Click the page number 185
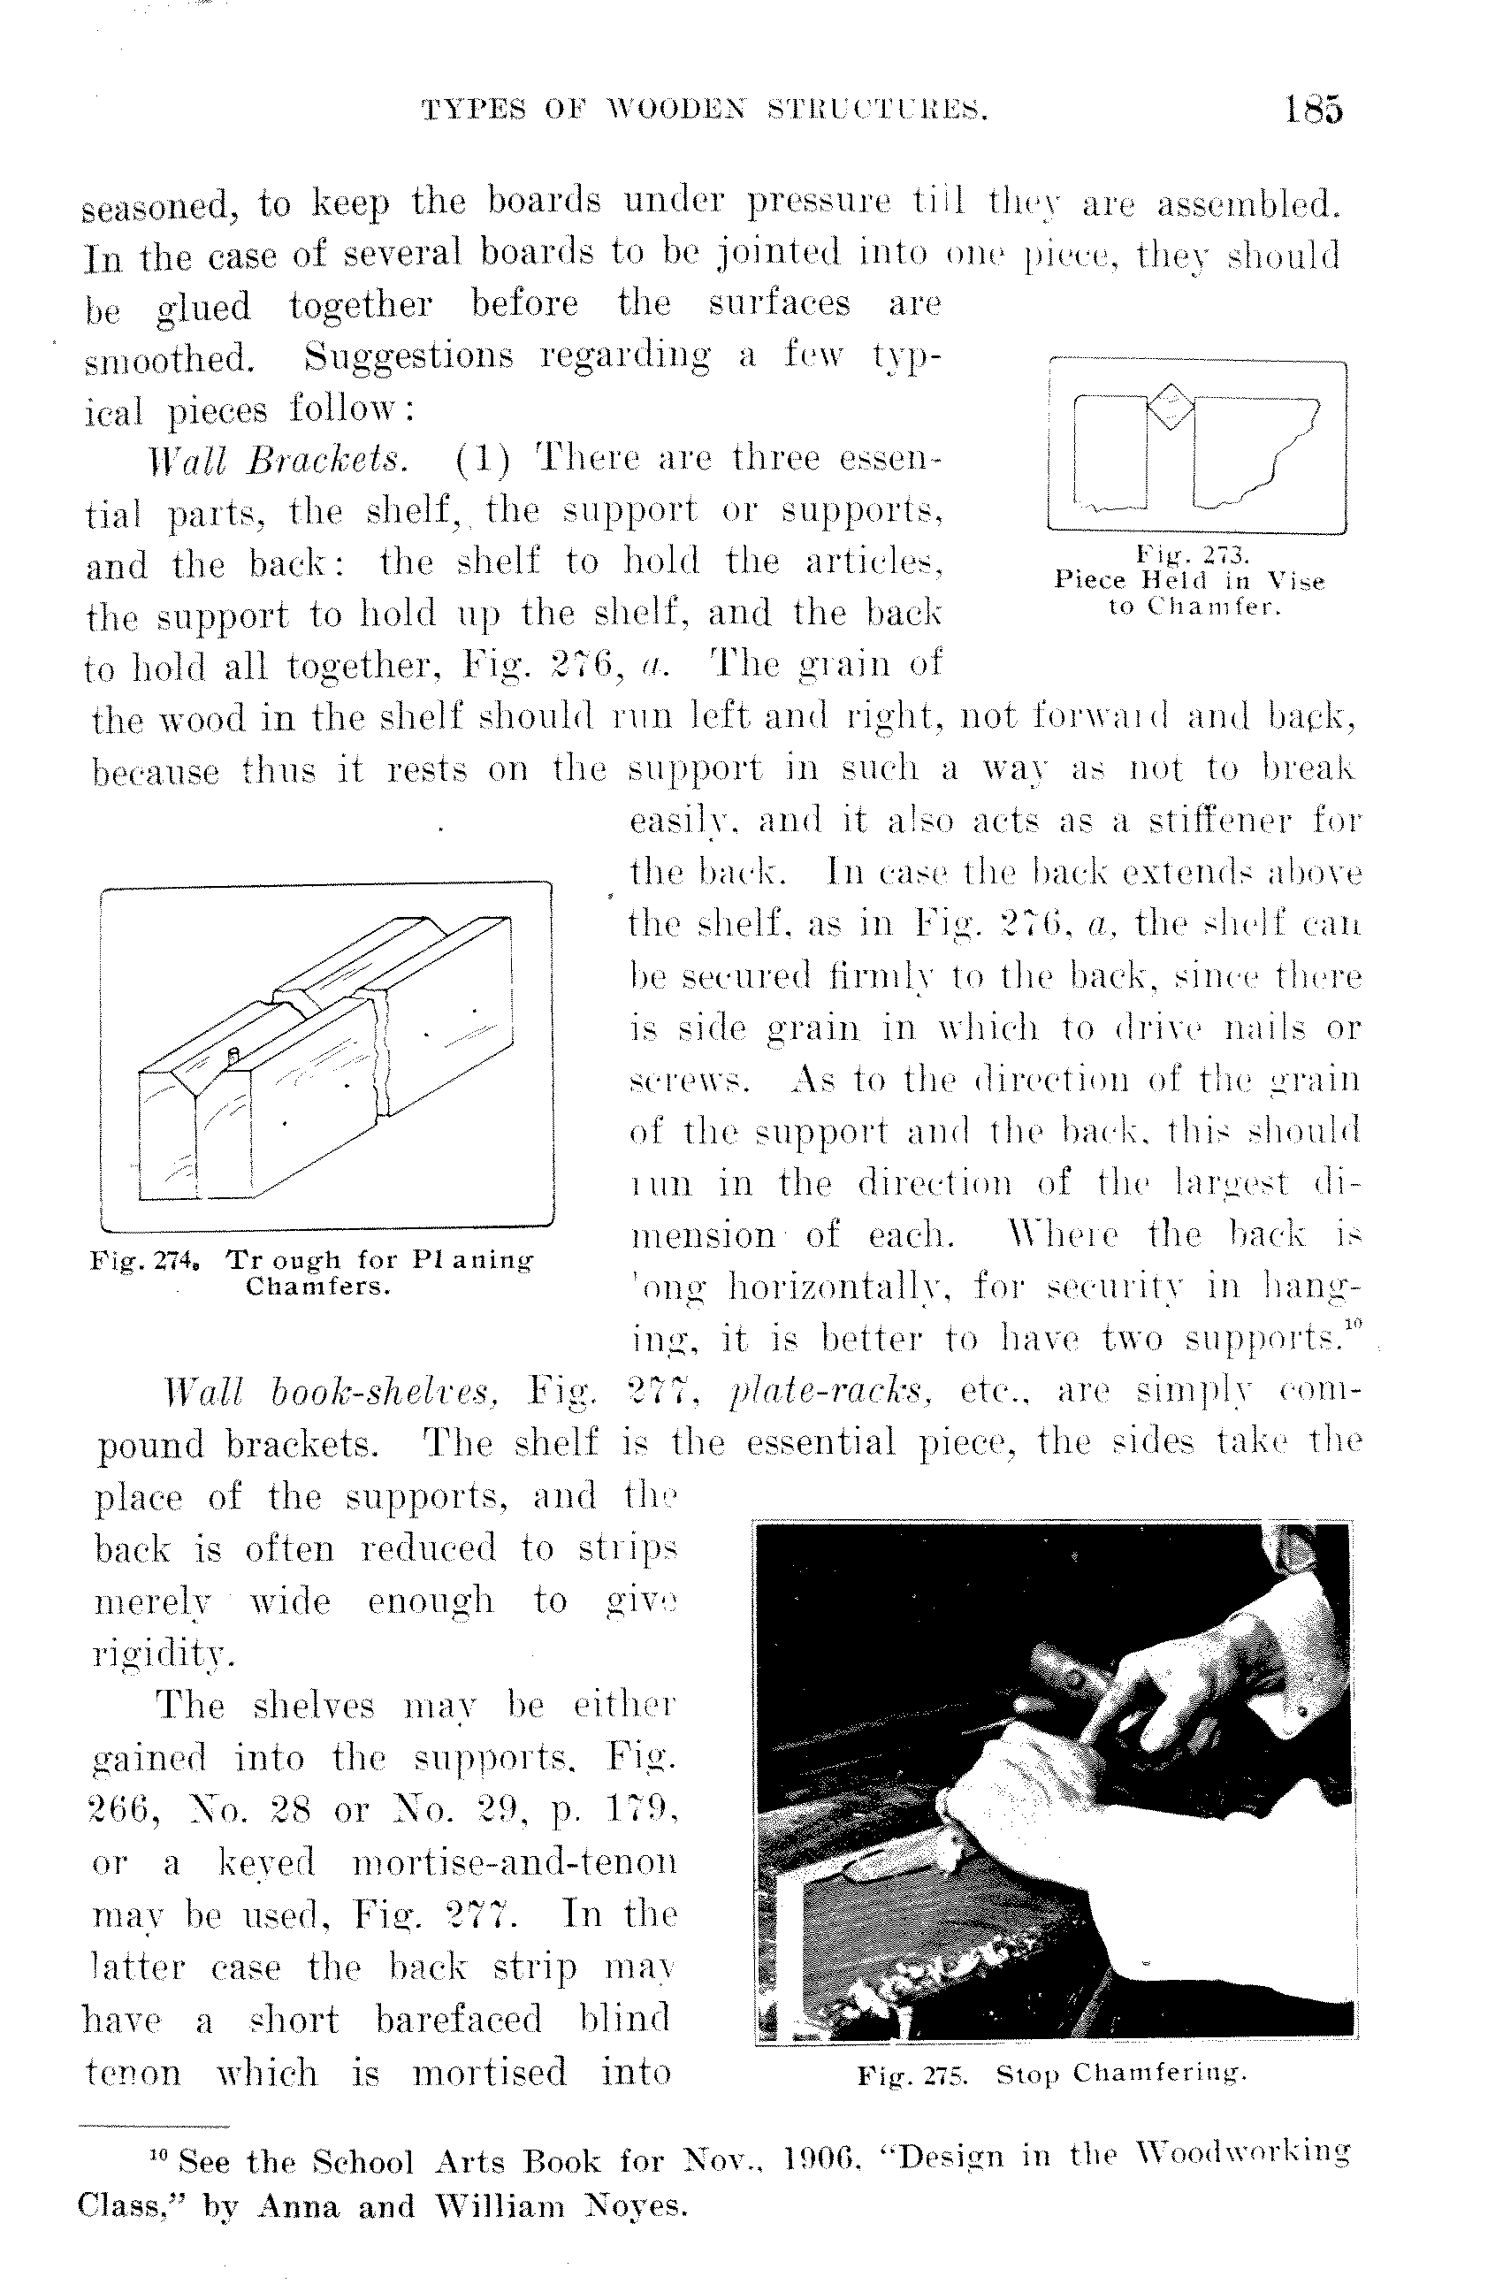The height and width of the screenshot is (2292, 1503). (x=1312, y=110)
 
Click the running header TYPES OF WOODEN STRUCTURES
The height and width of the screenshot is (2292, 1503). (x=705, y=111)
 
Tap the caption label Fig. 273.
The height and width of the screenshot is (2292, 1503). (x=1192, y=554)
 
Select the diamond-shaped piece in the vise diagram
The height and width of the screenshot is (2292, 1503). (x=1170, y=406)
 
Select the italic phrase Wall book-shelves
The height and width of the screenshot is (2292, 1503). (x=332, y=1392)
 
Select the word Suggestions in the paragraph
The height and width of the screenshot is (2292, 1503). (x=411, y=356)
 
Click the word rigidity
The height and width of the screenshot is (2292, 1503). (x=164, y=1654)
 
